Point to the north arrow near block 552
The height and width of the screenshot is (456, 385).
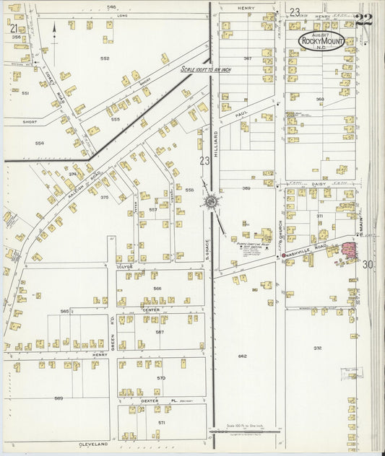tap(54, 32)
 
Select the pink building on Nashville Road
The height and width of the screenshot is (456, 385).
tap(350, 252)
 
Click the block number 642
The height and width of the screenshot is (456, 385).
tap(242, 356)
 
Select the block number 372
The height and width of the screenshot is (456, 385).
tap(317, 348)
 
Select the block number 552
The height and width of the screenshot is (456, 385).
tap(105, 58)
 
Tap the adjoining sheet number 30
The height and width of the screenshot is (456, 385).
tap(368, 265)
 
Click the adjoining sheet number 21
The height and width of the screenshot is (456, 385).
tap(14, 28)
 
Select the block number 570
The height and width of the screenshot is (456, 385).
tap(161, 377)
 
